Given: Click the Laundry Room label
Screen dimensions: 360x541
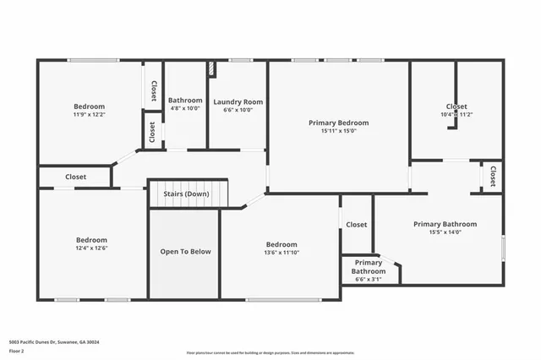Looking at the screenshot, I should (x=238, y=101).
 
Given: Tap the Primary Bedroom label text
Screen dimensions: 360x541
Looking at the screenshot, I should (x=338, y=123).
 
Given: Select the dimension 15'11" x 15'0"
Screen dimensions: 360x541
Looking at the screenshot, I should (x=338, y=131).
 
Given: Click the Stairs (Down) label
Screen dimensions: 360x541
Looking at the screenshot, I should (x=185, y=194).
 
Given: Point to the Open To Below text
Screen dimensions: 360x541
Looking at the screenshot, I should (x=185, y=252).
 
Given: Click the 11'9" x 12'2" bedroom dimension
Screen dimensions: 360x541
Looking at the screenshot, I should (x=89, y=114).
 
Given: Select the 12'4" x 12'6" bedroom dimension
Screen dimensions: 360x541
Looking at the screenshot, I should (x=90, y=248).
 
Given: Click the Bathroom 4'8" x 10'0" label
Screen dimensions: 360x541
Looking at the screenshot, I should (x=185, y=101).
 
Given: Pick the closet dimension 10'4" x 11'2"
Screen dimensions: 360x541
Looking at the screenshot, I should (x=456, y=115).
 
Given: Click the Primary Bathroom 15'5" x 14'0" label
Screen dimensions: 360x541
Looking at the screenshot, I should (x=445, y=224).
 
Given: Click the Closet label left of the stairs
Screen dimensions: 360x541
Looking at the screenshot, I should (x=75, y=177).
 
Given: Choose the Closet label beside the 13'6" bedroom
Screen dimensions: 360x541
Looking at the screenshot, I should (x=356, y=225).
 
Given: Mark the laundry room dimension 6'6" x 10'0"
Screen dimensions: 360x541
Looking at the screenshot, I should (x=238, y=109).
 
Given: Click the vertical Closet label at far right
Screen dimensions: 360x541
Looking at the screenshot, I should (x=492, y=176).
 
